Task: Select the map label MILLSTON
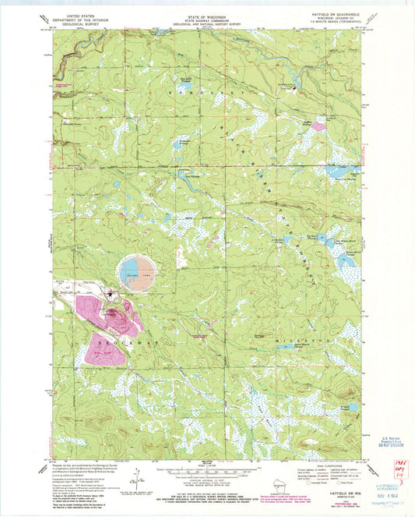click(x=298, y=341)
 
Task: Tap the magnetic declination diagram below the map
click(x=139, y=477)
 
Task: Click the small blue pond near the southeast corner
click(x=353, y=407)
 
